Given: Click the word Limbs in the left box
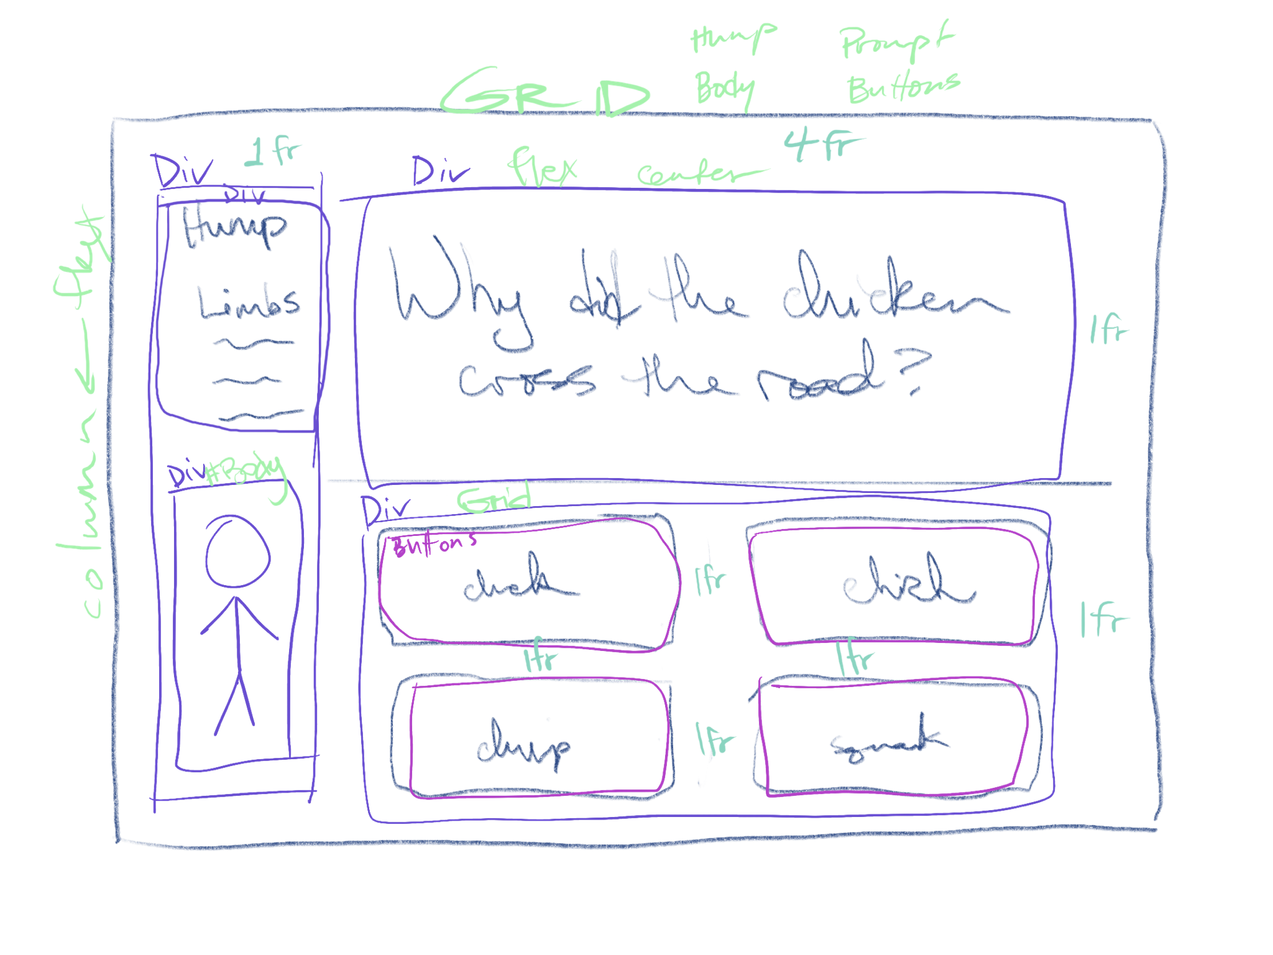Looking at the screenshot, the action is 249,303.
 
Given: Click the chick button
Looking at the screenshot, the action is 895,584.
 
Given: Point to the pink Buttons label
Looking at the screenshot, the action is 435,545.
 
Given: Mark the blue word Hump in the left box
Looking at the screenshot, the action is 235,227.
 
